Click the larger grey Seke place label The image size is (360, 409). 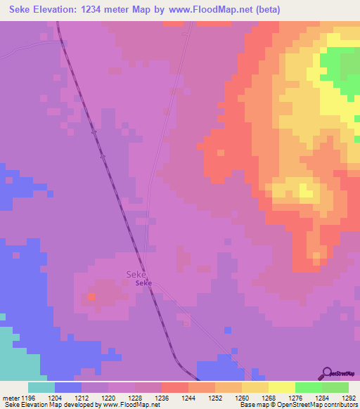[136, 274]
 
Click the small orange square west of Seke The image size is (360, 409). [91, 297]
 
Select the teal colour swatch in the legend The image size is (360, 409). [41, 387]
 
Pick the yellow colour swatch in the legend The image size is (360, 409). [281, 387]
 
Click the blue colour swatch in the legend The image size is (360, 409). [67, 387]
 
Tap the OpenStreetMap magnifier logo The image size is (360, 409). [327, 372]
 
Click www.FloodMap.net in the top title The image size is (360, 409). [213, 10]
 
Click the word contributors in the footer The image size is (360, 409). [340, 405]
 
